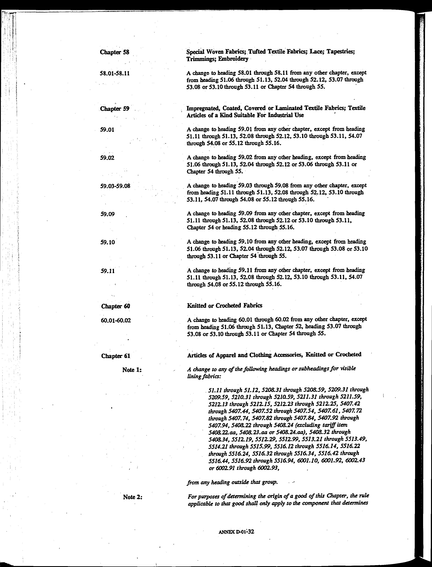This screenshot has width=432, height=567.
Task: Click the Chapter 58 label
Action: tap(114, 52)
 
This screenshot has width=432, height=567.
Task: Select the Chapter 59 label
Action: tap(115, 109)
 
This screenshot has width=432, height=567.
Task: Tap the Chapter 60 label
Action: tap(115, 306)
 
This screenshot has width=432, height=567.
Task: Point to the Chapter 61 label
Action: tap(116, 356)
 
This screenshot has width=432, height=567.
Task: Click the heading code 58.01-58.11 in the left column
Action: tap(115, 74)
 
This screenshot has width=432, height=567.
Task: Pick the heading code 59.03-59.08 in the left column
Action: tap(115, 186)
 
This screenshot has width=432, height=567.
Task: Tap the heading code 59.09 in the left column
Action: tap(107, 214)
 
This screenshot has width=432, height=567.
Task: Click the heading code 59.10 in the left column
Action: tap(107, 242)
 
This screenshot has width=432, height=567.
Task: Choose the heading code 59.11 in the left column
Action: tap(107, 271)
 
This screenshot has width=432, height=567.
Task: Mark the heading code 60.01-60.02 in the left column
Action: tap(116, 321)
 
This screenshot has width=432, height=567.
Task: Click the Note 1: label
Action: tap(132, 370)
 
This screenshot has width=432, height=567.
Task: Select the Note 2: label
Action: tap(133, 497)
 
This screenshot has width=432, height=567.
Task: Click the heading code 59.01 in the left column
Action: tap(107, 130)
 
